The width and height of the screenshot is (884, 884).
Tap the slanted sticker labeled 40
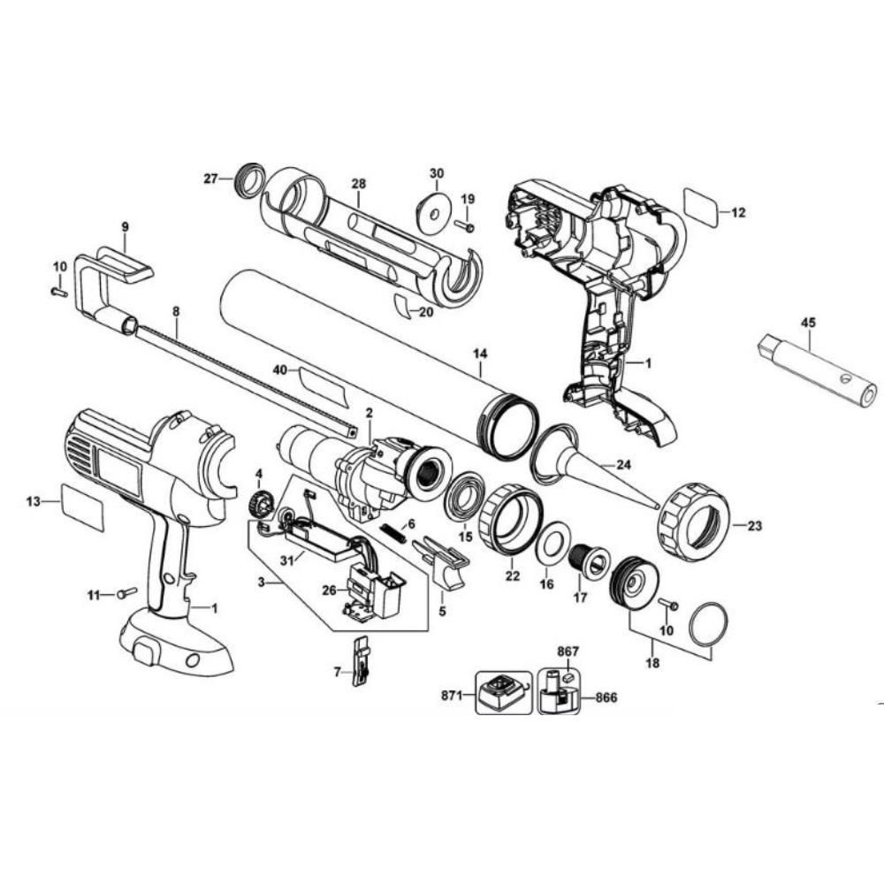[324, 382]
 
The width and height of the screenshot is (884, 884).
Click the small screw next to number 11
[127, 593]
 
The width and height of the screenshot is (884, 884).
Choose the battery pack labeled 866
[557, 691]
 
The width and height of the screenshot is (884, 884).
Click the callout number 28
[358, 183]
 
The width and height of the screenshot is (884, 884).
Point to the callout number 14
[480, 354]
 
